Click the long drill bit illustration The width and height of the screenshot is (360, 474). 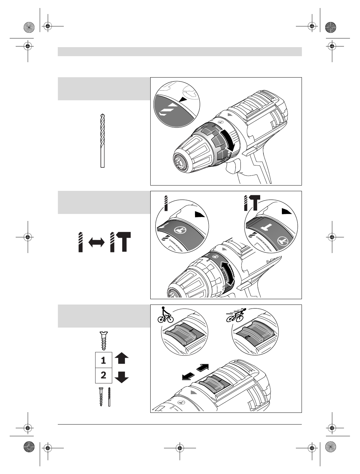tap(103, 140)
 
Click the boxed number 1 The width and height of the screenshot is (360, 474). tap(104, 360)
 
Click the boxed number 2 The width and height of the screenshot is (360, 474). tap(104, 375)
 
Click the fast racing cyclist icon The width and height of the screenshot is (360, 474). tap(236, 315)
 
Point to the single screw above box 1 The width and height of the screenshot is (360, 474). tap(104, 340)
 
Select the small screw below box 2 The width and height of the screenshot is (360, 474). tap(101, 396)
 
